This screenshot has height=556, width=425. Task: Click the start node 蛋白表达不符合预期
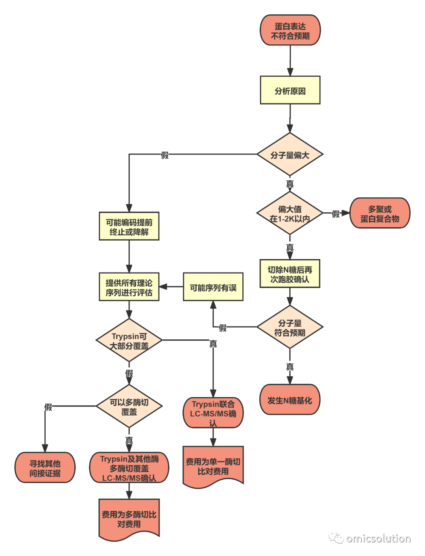290,30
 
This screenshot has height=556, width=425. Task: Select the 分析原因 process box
290,90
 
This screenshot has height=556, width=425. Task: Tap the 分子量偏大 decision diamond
290,154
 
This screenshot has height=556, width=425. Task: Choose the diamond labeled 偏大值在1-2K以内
290,213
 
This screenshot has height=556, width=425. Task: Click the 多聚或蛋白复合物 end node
380,213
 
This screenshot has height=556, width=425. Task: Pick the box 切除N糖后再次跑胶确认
290,274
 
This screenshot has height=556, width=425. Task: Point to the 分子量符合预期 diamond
290,327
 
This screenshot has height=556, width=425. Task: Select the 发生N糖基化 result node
290,400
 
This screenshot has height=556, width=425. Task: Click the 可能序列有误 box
213,287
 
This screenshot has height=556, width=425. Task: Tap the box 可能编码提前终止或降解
129,226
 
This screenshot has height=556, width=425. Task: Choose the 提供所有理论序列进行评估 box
129,287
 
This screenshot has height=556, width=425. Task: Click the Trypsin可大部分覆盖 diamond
129,340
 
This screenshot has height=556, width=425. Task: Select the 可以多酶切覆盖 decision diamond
129,406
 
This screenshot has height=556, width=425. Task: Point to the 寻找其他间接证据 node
45,468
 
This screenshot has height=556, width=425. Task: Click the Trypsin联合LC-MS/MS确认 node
213,412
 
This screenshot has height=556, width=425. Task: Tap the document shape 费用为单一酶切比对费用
213,467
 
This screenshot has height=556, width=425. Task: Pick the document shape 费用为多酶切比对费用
129,519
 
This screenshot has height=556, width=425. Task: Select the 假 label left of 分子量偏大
165,155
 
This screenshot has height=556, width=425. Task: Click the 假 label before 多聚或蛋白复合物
336,214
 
